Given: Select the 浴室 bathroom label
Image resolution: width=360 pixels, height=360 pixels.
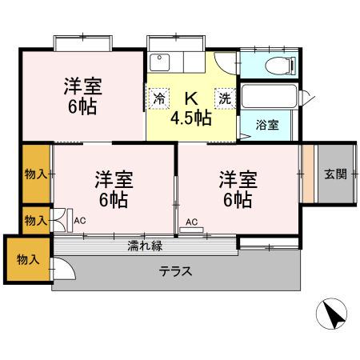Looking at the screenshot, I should pos(266,126).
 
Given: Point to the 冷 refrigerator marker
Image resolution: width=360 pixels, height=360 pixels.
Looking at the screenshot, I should pos(159,98).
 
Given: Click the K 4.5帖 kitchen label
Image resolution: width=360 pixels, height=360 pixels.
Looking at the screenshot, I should pos(192,108).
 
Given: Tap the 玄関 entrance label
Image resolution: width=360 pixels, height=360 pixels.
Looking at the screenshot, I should pos(335,174).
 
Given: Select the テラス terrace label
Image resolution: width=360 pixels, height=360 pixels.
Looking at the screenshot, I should pos(175,270).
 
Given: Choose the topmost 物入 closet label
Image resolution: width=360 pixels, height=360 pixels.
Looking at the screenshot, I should pos(35,174).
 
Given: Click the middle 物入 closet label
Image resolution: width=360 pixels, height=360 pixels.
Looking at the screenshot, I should pos(35,218).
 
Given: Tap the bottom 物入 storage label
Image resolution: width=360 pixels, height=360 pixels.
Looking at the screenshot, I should pos(27,259).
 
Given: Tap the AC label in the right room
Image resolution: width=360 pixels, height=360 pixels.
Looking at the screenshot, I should pos(192,222).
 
